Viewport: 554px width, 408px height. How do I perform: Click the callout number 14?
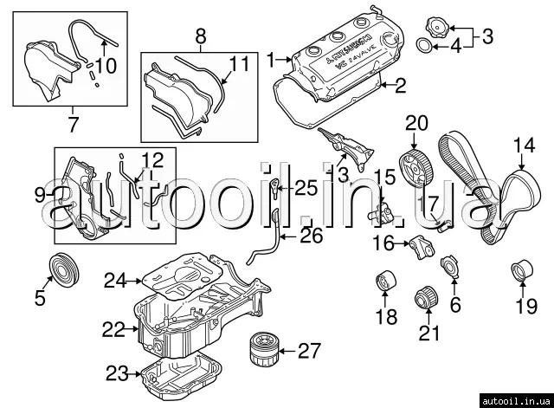click(x=525, y=146)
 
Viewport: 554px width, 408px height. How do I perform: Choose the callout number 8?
click(x=201, y=36)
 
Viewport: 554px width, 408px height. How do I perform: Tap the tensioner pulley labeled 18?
click(x=383, y=282)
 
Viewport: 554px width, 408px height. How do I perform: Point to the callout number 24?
click(x=116, y=280)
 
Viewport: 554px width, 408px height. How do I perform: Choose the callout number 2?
click(x=400, y=85)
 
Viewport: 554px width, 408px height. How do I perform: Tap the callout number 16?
click(x=383, y=243)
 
